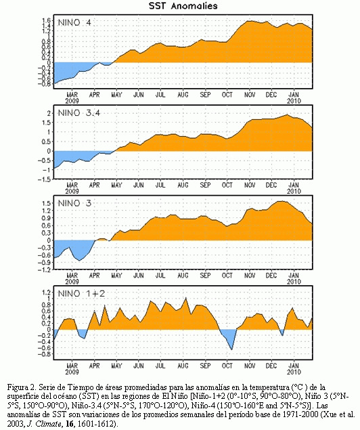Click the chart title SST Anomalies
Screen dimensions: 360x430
click(x=183, y=6)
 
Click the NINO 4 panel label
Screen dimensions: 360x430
click(x=74, y=22)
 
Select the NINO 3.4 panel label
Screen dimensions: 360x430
click(x=79, y=112)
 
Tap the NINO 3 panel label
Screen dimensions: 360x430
click(x=74, y=203)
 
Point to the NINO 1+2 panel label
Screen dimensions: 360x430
click(x=81, y=294)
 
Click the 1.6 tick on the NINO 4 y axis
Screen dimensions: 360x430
click(x=47, y=20)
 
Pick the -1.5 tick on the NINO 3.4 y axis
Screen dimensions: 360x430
click(x=45, y=179)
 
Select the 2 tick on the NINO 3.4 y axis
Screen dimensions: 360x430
click(x=49, y=113)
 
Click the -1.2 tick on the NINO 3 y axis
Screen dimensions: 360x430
click(x=45, y=270)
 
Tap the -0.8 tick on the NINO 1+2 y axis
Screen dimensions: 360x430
click(x=45, y=354)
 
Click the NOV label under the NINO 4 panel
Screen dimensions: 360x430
click(x=249, y=95)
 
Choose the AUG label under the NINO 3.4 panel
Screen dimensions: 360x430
click(x=183, y=186)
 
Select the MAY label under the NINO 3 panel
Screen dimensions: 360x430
click(x=116, y=276)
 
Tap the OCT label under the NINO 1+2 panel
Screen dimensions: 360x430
click(x=227, y=366)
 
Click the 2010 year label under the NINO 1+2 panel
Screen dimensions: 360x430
click(x=294, y=372)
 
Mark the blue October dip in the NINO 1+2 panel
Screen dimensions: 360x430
click(x=228, y=337)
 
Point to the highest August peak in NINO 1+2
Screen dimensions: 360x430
click(x=186, y=298)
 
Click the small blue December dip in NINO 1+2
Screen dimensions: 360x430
click(x=282, y=332)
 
